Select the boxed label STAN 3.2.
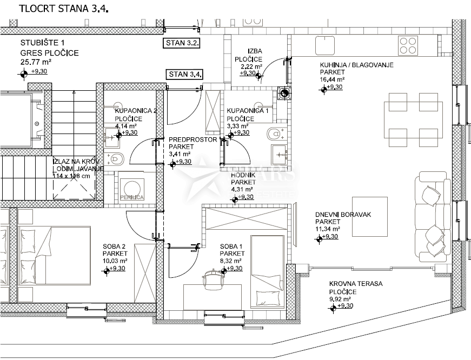(182, 42)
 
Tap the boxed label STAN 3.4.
(184, 74)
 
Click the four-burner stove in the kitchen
(408, 43)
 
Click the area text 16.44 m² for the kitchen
(333, 79)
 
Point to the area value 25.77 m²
(34, 62)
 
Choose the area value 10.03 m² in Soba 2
(115, 261)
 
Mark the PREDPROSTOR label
(185, 139)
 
